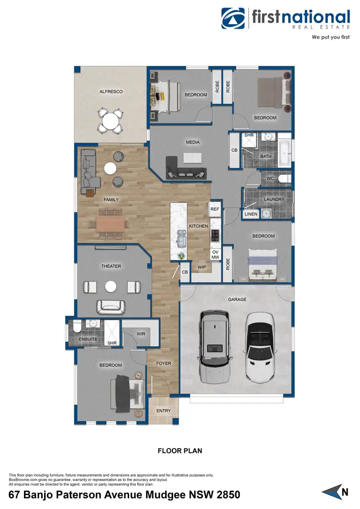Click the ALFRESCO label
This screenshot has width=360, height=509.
(x=111, y=91)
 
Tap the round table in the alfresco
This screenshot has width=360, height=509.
(x=110, y=119)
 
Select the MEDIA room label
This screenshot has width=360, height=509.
(x=192, y=142)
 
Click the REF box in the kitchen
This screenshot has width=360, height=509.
(x=215, y=209)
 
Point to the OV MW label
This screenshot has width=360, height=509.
(x=215, y=254)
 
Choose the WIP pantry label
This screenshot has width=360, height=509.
(x=202, y=267)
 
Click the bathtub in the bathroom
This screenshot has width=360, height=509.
(x=285, y=152)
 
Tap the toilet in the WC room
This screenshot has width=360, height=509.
(x=284, y=179)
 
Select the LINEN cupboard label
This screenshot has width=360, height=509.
(x=251, y=214)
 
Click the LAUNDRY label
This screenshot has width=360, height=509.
(x=274, y=199)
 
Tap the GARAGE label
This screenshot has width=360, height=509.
(x=237, y=299)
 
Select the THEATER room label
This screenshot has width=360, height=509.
(x=111, y=266)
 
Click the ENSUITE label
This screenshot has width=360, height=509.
(x=87, y=339)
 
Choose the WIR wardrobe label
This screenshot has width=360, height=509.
(x=141, y=334)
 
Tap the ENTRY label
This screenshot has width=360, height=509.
(x=163, y=411)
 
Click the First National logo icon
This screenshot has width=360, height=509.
(x=233, y=18)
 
